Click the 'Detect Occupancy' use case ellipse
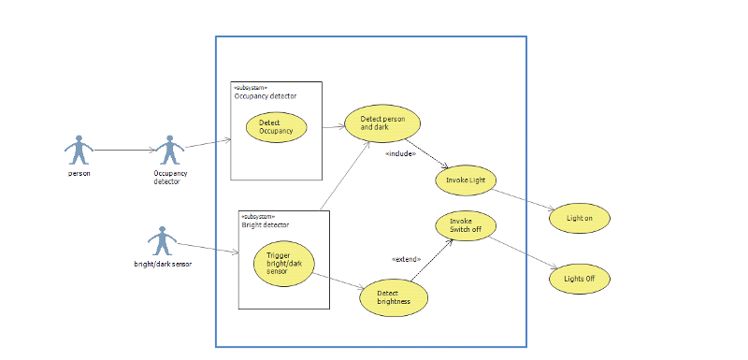click(x=276, y=128)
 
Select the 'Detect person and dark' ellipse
click(x=383, y=122)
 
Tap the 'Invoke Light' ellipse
click(x=465, y=180)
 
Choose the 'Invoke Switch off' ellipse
click(x=466, y=226)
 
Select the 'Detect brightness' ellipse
click(x=395, y=297)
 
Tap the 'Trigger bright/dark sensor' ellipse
click(x=284, y=264)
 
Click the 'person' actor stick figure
click(x=79, y=150)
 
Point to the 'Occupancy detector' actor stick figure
click(x=170, y=150)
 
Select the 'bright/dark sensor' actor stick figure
click(x=164, y=240)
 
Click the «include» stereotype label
click(x=400, y=153)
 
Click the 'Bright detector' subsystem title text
click(x=266, y=224)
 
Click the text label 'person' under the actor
click(x=79, y=173)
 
